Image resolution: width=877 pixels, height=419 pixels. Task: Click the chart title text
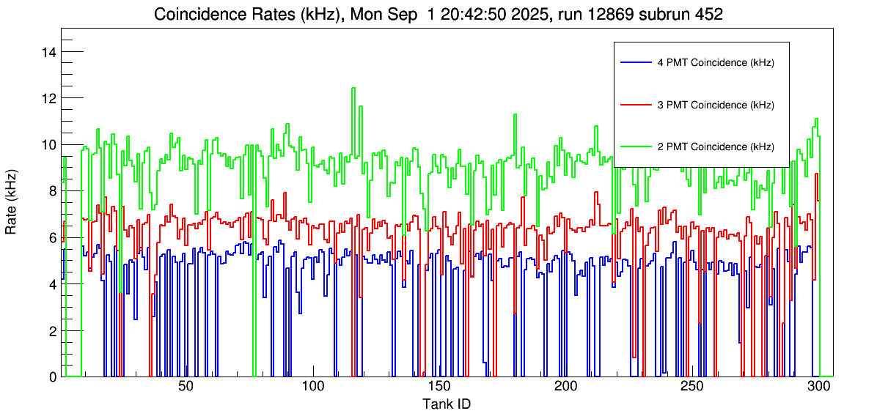click(438, 14)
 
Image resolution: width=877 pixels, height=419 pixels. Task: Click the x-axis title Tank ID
click(446, 404)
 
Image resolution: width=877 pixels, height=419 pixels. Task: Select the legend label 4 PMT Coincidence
click(715, 63)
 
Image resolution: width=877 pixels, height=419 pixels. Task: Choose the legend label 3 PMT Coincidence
click(715, 105)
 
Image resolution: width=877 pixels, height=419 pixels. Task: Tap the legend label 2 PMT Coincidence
click(715, 147)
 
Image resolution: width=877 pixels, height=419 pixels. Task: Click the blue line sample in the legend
click(636, 63)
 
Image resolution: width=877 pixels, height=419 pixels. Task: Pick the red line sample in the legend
click(636, 105)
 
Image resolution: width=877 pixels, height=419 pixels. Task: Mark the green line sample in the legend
click(636, 147)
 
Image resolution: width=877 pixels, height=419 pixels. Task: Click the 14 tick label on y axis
click(49, 52)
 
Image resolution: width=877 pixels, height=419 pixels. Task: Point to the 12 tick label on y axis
click(49, 98)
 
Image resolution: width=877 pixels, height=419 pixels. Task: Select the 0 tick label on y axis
click(53, 377)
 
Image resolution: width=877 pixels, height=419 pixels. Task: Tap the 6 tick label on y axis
click(53, 237)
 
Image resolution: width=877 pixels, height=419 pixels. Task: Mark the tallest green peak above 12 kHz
click(353, 89)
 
